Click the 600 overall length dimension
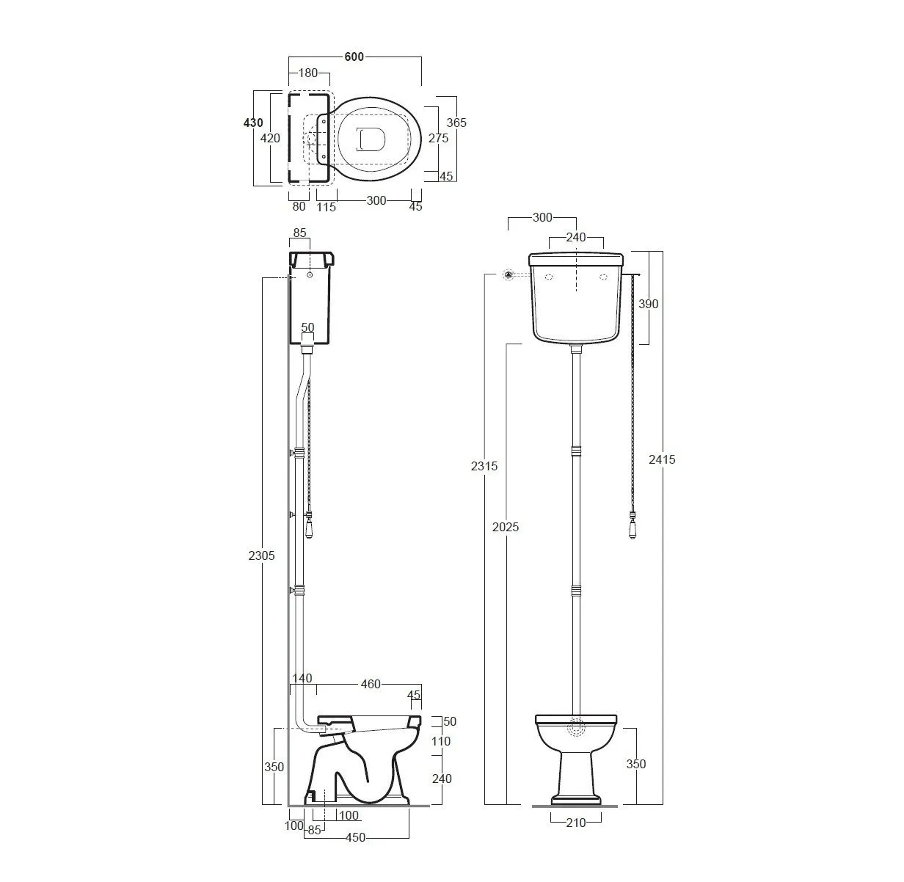[354, 57]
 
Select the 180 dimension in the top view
[308, 73]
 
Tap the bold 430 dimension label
[253, 123]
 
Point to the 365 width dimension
[456, 123]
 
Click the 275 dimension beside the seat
[439, 138]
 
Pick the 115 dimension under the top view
[326, 207]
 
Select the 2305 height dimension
[261, 555]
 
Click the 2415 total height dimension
[662, 459]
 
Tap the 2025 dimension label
[506, 527]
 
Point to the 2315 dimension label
[484, 466]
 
